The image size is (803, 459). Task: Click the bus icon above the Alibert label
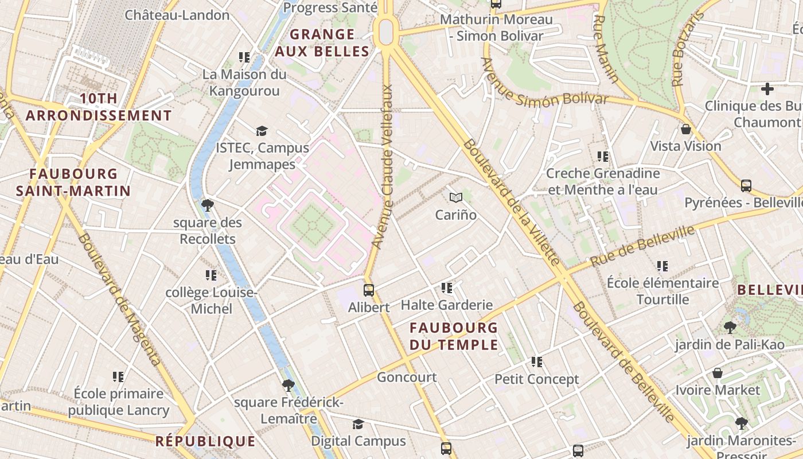369,290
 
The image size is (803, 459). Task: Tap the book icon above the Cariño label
456,198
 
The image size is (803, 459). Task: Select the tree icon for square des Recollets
208,205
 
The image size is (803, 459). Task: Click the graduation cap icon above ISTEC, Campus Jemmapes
262,131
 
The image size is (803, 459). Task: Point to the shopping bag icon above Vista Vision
685,129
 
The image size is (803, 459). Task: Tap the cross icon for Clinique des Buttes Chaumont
767,89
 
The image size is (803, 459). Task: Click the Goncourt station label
407,377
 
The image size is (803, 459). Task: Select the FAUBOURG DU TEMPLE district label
454,336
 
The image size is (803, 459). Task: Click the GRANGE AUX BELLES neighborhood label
322,43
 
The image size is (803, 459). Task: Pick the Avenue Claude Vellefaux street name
383,166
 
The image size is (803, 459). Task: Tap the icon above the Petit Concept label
537,362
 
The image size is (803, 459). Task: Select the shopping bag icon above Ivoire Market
717,373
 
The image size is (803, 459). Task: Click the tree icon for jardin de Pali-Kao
730,328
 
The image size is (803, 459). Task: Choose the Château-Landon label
177,15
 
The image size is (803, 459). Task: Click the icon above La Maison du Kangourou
244,57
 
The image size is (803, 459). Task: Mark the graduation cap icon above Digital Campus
358,424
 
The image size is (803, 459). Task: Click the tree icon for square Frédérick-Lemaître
288,385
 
